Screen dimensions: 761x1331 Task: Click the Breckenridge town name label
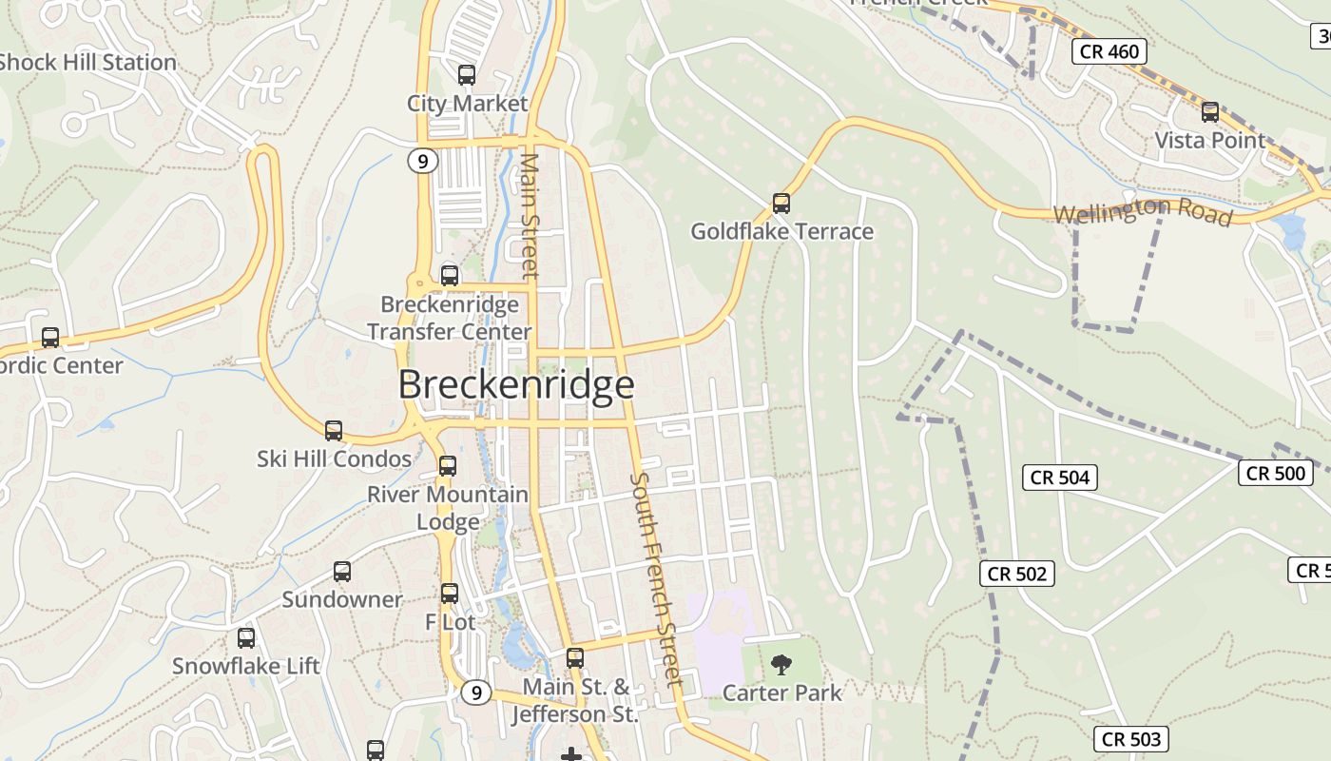(515, 385)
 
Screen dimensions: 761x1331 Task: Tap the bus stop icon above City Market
(466, 74)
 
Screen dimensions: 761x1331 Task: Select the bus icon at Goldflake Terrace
(781, 203)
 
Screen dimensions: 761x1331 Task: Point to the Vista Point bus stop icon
(1209, 111)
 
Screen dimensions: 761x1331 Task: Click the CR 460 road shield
(1109, 51)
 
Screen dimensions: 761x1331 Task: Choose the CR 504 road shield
(1060, 477)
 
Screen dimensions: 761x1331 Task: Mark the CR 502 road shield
(1016, 574)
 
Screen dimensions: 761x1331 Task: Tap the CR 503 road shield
(1130, 739)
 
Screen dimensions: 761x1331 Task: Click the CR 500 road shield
(1275, 473)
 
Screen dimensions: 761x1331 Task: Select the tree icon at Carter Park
(781, 664)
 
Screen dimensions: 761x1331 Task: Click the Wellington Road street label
(1143, 211)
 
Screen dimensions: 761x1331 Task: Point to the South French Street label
(657, 578)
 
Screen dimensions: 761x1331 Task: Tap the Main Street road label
(530, 216)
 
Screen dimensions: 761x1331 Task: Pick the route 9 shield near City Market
(423, 161)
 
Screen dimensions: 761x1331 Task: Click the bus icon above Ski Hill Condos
(333, 430)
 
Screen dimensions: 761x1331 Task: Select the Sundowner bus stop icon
(341, 571)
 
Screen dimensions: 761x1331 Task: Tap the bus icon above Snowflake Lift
(245, 637)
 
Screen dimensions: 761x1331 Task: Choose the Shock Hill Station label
(87, 63)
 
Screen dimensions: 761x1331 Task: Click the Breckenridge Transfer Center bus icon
(449, 276)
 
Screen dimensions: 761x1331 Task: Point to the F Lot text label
(450, 622)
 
